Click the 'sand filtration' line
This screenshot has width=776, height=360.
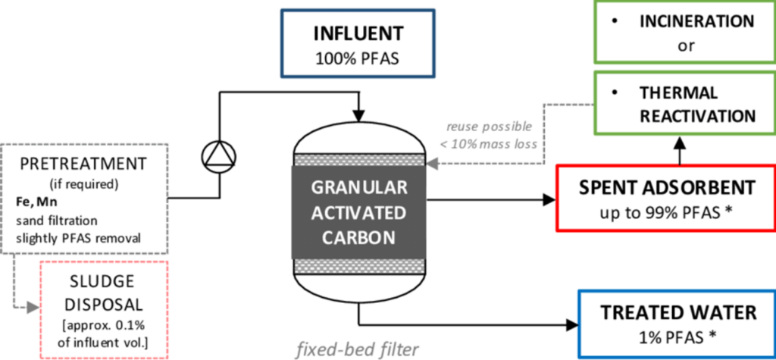[x=52, y=221]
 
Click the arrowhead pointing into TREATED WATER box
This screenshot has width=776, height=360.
[x=571, y=325]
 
